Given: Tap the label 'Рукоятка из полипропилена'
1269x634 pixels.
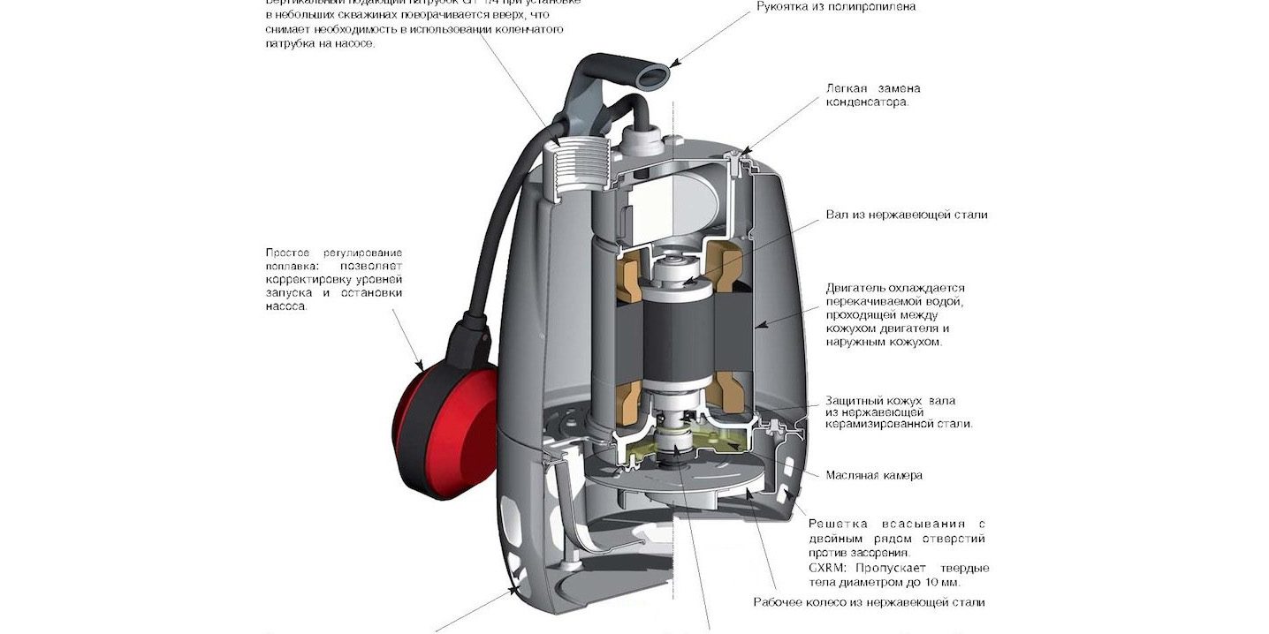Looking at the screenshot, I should click(x=836, y=7).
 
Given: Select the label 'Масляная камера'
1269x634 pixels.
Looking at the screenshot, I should click(x=873, y=475).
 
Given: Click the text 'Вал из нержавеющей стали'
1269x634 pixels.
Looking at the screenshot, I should click(x=907, y=215).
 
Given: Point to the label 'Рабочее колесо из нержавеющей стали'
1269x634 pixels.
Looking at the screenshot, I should click(x=869, y=602).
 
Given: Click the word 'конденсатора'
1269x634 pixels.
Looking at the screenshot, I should click(x=867, y=102).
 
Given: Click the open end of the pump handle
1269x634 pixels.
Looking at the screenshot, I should click(x=653, y=77).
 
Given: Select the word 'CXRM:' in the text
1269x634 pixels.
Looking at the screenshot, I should click(x=829, y=568).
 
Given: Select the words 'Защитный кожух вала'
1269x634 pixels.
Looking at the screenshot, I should click(x=890, y=400).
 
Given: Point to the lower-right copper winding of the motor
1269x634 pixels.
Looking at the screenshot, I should click(x=731, y=395).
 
